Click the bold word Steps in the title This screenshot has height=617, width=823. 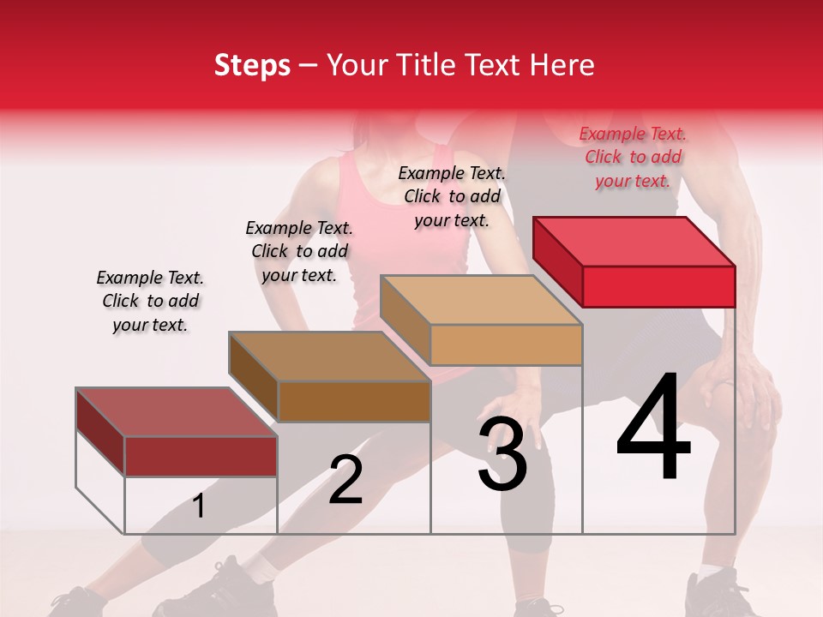coord(252,65)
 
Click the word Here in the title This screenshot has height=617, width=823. coord(561,65)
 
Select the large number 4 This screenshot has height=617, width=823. coord(653,429)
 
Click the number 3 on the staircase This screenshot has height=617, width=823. coord(502,454)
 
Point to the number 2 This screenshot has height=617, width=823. coord(345,480)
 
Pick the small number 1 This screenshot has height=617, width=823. coord(199,506)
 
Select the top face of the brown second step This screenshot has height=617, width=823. coord(329,356)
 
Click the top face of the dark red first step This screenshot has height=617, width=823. coord(177,411)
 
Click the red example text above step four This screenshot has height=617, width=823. coord(633,157)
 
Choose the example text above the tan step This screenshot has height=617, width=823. coord(452,196)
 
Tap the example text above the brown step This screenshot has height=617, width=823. coord(299,251)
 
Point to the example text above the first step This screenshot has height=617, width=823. coord(150,301)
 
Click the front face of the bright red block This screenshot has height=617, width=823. coord(658,286)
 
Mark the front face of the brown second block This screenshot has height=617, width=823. coord(354,401)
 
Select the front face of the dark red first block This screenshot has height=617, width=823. coord(201,456)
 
